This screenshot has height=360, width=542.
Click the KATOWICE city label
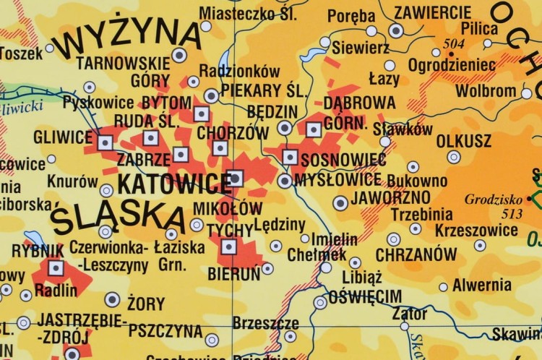[173, 183]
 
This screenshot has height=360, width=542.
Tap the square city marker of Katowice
[236, 177]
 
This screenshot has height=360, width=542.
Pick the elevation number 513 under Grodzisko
[493, 213]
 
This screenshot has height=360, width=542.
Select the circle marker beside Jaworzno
[340, 202]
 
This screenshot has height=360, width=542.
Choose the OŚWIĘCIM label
[365, 297]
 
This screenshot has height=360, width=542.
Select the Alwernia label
[482, 286]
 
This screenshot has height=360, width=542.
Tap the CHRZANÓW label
[416, 254]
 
